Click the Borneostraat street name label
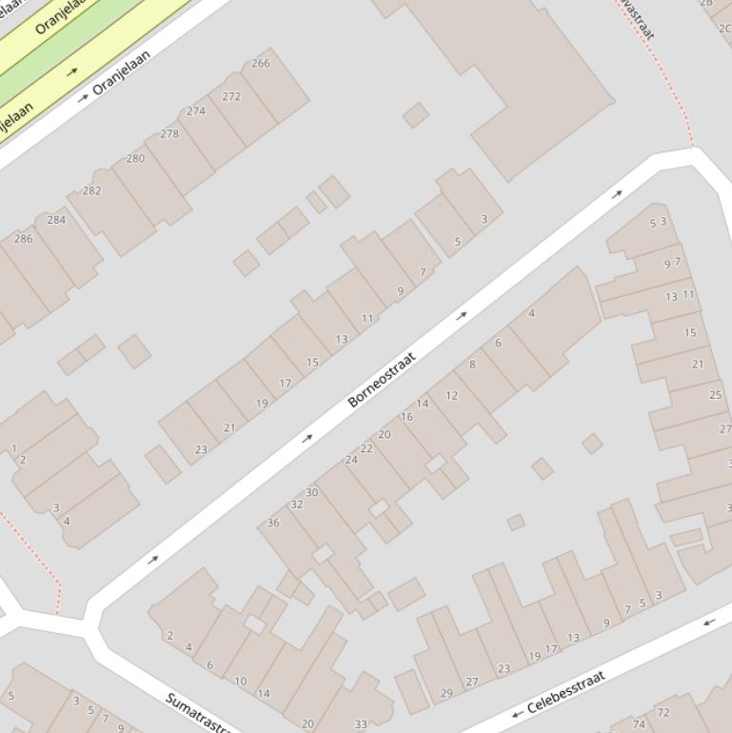point(382,380)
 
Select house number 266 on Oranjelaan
point(261,64)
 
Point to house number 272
point(231,96)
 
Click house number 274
point(196,111)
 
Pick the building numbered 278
point(169,134)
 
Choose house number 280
point(136,158)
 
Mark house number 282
point(91,190)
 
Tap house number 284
point(56,220)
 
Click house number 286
point(23,239)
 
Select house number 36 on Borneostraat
point(273,523)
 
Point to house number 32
point(296,505)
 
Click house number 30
point(311,492)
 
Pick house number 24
point(351,460)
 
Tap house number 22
point(366,448)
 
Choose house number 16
point(406,417)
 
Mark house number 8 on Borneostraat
point(472,365)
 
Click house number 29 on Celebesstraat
point(446,694)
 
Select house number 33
point(361,724)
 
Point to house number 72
point(663,712)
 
